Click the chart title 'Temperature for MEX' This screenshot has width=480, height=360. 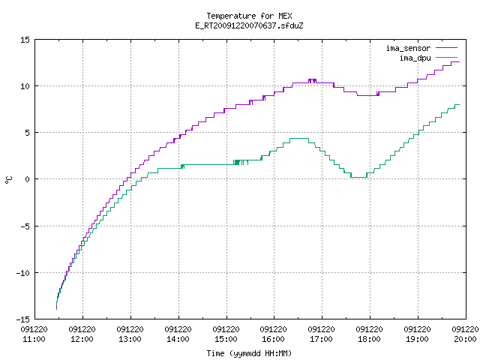(249, 16)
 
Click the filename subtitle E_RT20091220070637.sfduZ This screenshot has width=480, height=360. (249, 25)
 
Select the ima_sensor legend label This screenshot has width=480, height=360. (408, 48)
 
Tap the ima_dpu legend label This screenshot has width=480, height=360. (415, 58)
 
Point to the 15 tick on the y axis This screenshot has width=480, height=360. (25, 40)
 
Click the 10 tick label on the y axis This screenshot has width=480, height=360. (25, 86)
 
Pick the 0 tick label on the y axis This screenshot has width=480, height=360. (28, 179)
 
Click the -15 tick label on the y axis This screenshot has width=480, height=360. (23, 319)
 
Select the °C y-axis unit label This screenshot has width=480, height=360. (8, 180)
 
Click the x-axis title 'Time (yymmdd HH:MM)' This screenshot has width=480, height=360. (249, 353)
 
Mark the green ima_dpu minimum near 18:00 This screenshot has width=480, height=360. (358, 177)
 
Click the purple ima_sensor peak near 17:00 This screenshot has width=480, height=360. (312, 79)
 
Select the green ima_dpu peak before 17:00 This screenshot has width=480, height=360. (299, 138)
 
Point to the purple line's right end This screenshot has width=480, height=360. (460, 61)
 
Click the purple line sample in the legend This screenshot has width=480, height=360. (446, 48)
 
